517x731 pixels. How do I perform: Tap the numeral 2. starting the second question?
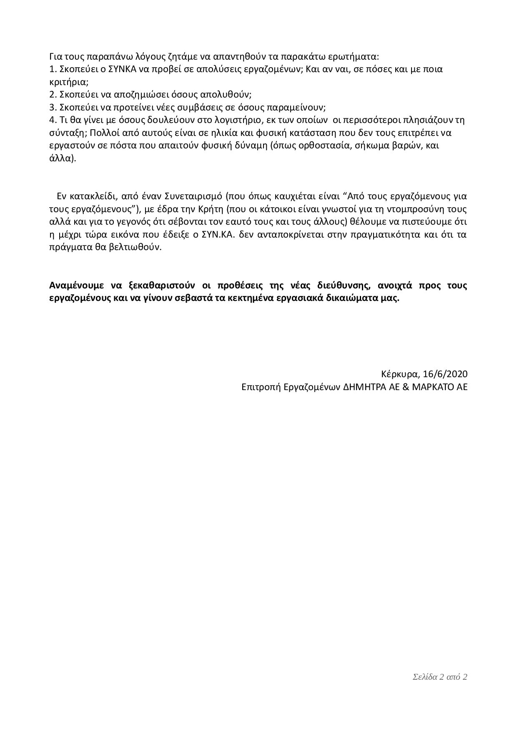tap(53, 94)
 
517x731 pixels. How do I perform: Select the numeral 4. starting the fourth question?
tap(53, 120)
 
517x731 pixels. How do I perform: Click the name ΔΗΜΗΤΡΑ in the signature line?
tap(361, 387)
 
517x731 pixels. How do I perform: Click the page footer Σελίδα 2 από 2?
tap(439, 677)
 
